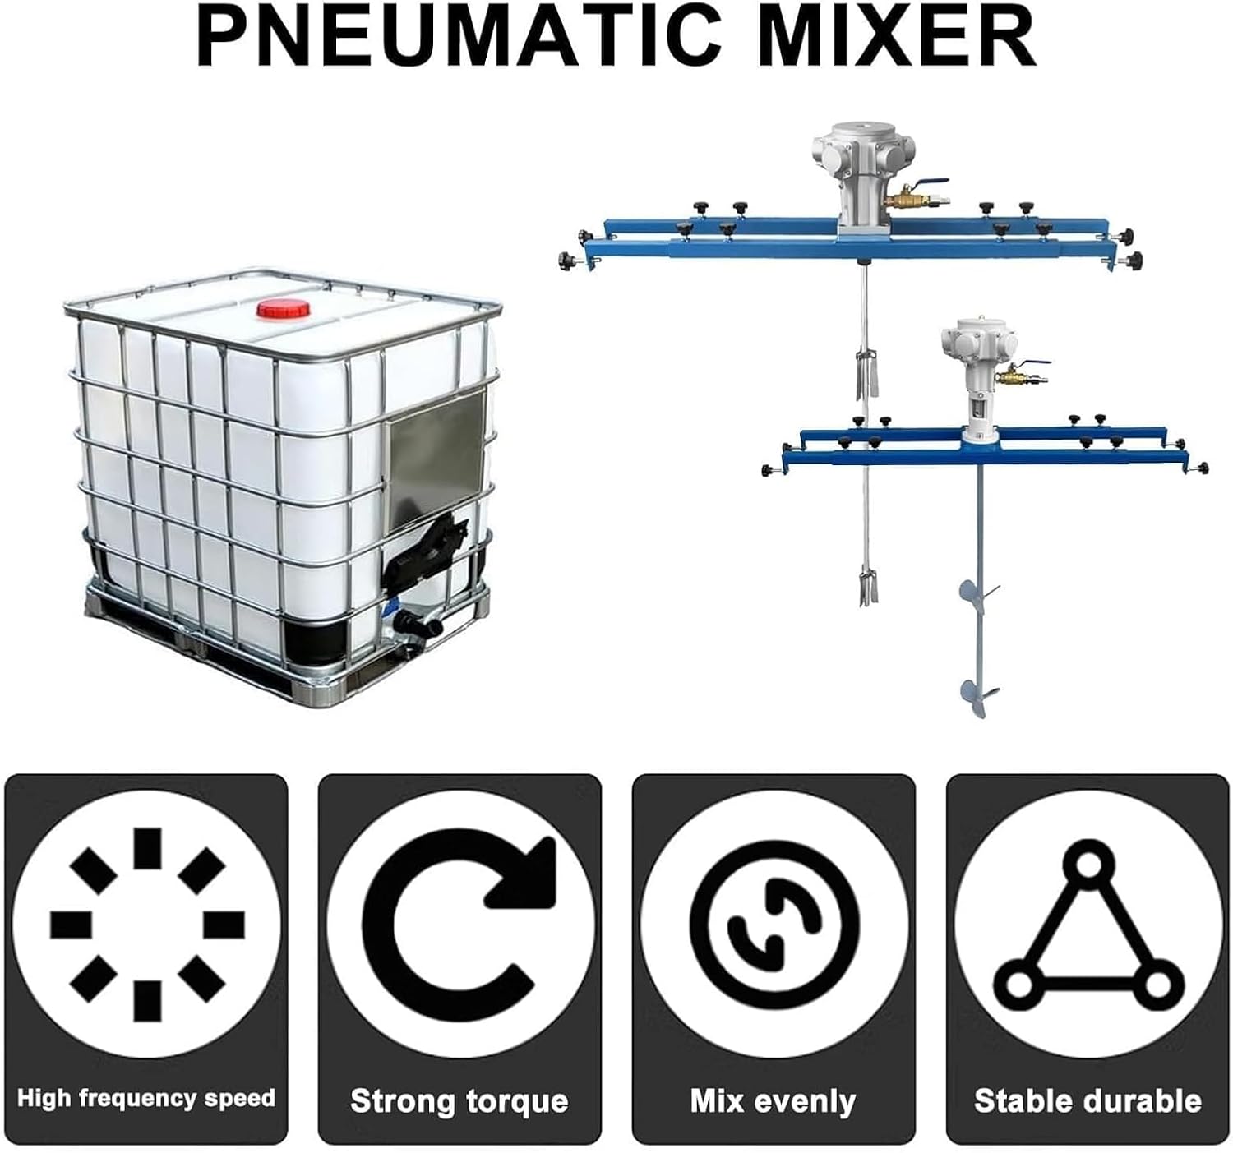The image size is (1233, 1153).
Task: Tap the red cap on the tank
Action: [284, 309]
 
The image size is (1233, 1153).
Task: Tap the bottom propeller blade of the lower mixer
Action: [977, 695]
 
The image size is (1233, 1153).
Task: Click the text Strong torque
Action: [459, 1100]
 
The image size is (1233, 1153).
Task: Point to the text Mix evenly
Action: [774, 1100]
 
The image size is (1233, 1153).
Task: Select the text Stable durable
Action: [1088, 1100]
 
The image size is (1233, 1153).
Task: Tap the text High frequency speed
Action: [146, 1099]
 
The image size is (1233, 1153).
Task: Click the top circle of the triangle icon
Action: [1088, 864]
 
